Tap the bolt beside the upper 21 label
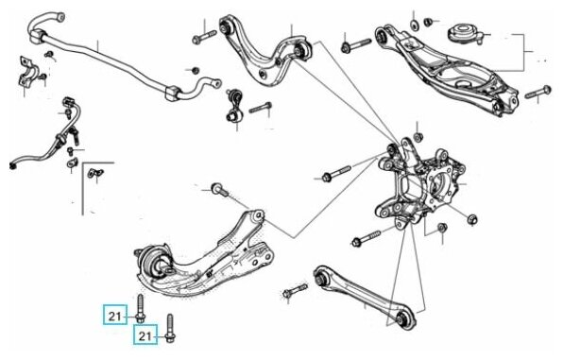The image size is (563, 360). [x=140, y=308]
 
